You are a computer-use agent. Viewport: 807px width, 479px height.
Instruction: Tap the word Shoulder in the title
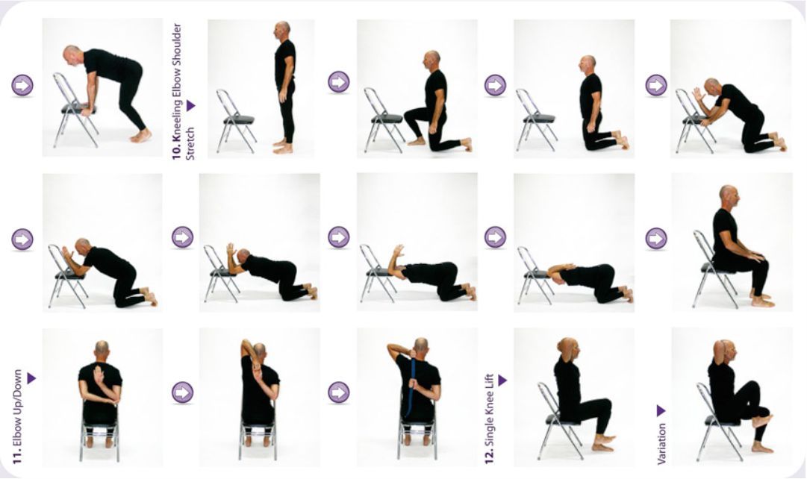pos(176,43)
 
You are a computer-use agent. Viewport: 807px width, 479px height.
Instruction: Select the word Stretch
pos(190,143)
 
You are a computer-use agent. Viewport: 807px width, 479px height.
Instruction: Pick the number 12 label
pos(490,457)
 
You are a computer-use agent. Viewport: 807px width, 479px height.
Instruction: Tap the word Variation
pos(662,444)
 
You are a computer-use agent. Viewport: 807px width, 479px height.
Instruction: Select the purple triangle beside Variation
pos(661,411)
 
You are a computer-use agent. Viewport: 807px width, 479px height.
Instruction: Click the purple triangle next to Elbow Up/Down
pos(31,378)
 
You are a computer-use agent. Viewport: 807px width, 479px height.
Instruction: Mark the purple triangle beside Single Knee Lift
pos(502,381)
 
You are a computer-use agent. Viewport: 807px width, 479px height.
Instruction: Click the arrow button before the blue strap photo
pos(339,392)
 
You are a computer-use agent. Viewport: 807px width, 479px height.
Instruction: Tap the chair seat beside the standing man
pos(239,120)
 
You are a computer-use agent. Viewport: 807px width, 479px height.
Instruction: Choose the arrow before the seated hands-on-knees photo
pos(656,238)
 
